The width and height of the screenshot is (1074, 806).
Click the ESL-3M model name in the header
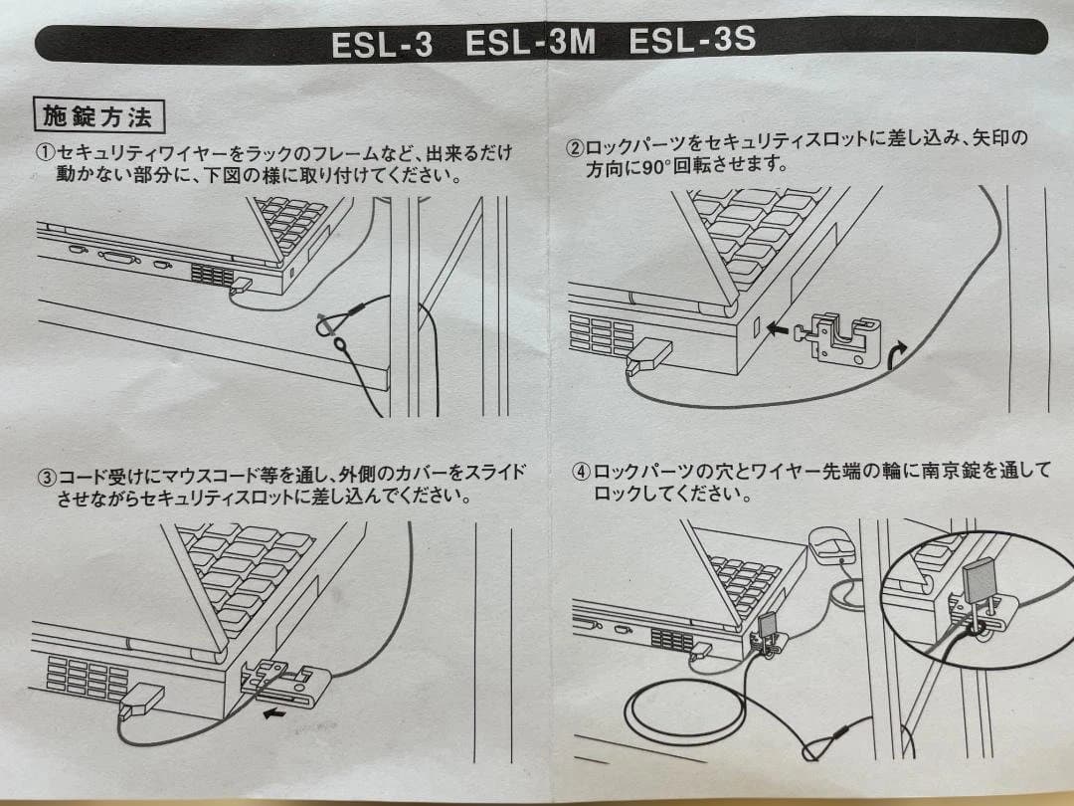(x=530, y=43)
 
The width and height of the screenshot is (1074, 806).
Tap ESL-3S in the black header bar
(x=692, y=41)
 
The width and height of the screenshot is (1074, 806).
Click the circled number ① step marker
(x=46, y=152)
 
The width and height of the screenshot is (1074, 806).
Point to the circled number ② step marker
(x=575, y=147)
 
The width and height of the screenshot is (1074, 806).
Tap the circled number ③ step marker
(x=46, y=476)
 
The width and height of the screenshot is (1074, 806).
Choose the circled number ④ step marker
(x=581, y=473)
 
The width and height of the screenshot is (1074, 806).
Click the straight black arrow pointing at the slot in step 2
(x=778, y=329)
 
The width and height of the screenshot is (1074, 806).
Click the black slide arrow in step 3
(x=274, y=714)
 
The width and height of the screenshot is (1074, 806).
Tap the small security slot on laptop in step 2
(x=756, y=327)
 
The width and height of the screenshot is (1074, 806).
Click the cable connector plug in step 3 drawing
(x=142, y=700)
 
